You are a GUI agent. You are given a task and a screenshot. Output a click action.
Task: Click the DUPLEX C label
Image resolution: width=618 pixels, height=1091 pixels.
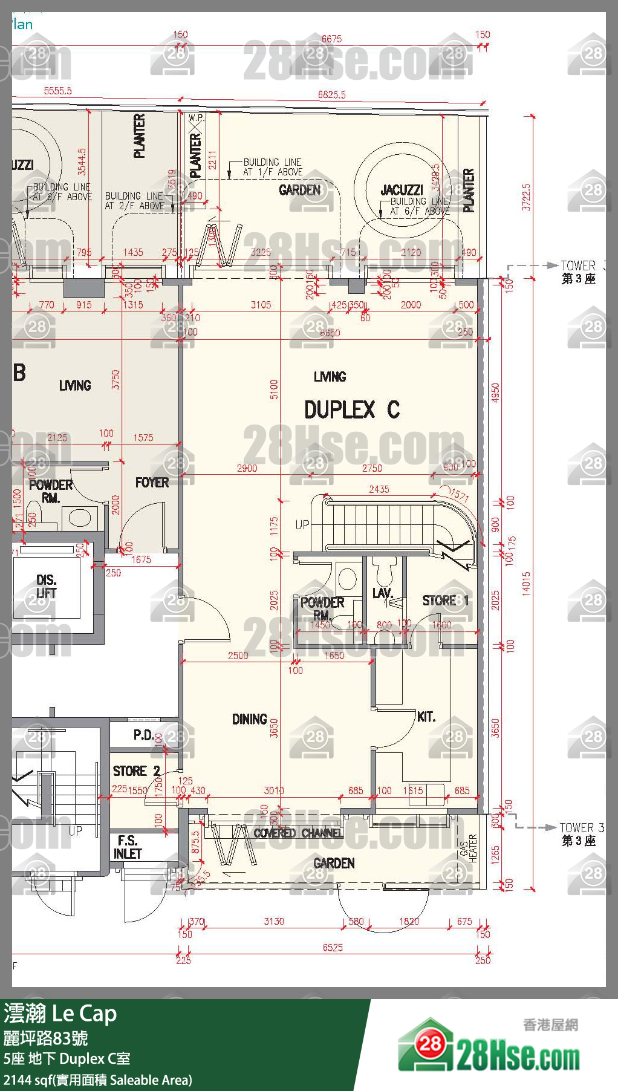point(351,410)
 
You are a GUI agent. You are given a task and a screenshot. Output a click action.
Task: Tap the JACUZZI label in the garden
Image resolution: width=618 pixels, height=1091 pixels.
point(402,190)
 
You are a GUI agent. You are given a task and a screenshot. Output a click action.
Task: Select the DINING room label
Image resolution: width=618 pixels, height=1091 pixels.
point(249,719)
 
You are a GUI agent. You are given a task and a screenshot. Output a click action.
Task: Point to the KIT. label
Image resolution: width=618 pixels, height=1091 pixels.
point(426,717)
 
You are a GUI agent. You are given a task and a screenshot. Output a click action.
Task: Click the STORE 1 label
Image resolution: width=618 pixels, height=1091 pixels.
point(446,601)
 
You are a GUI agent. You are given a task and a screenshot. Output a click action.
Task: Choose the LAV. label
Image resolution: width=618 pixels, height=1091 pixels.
point(382,593)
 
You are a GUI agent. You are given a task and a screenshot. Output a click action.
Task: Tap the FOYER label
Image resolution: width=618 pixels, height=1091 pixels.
point(152,483)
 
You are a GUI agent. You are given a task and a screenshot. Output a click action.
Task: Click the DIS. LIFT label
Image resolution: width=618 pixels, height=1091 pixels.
point(47,587)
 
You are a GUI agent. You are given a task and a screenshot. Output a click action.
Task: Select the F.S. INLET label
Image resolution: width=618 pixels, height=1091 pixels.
point(128,847)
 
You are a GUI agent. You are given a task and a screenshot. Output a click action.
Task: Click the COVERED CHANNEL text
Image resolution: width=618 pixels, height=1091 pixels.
point(298,833)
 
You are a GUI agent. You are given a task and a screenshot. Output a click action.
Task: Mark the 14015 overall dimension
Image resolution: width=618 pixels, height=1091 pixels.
point(526,584)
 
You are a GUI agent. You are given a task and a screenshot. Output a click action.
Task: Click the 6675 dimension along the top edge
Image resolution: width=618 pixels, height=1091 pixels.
point(331,39)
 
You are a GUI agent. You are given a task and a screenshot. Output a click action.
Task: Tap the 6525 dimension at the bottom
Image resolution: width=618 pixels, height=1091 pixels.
point(333,948)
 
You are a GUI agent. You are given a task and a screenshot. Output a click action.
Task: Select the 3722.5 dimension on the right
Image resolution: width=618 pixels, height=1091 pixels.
point(526,197)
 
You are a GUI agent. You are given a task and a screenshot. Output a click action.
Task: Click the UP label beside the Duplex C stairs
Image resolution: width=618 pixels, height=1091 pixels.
point(302,524)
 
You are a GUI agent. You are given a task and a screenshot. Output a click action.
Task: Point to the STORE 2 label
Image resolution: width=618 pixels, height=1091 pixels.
point(137,771)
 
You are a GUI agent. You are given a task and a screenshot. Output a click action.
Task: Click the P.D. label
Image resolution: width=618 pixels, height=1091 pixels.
point(143,735)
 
